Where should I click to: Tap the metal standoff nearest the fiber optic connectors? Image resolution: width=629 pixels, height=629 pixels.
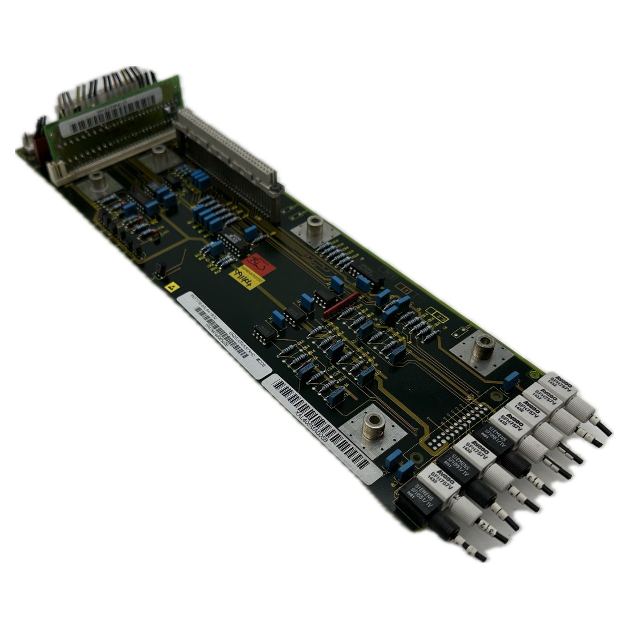click(483, 346)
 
